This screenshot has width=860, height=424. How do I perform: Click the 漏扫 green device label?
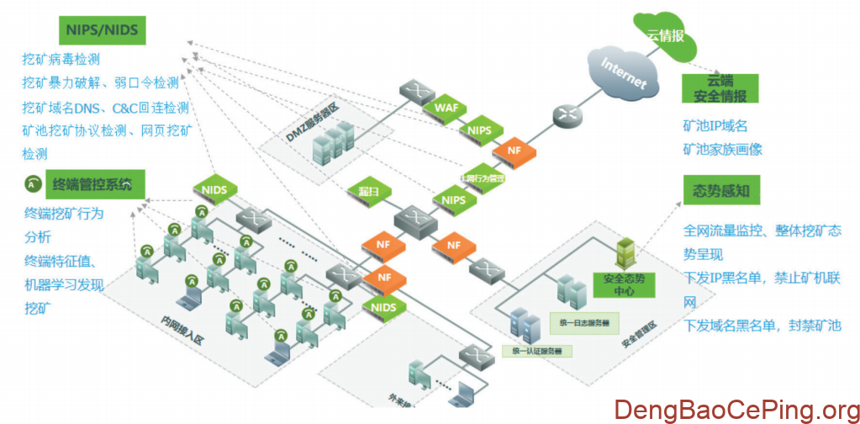(x=368, y=193)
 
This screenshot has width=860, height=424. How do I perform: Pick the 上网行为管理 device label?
(x=483, y=178)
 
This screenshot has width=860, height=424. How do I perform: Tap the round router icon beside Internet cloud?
(x=566, y=116)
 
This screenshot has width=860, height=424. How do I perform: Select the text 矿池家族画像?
(x=722, y=150)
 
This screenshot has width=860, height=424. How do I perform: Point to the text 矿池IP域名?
(x=715, y=125)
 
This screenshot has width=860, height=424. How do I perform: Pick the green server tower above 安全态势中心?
(x=626, y=252)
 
